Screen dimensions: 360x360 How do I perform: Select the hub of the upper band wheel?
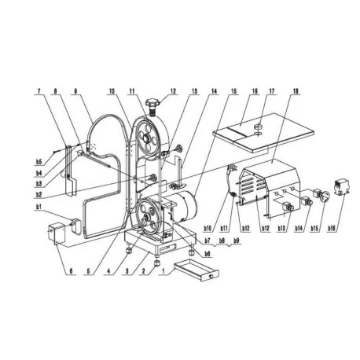147,141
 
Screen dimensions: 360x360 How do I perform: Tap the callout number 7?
38,91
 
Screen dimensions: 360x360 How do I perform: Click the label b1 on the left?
38,208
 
